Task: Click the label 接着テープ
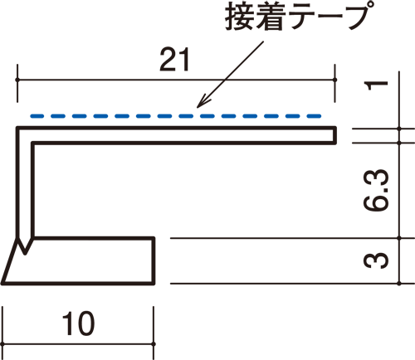click(x=296, y=17)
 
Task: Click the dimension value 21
click(x=175, y=60)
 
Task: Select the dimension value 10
click(x=78, y=324)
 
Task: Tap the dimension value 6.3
click(x=376, y=190)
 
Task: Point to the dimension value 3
click(x=376, y=260)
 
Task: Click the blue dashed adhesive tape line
click(x=176, y=116)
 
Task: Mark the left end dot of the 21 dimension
click(x=17, y=80)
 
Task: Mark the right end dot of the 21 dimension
click(x=334, y=80)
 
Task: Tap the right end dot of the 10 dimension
click(x=154, y=344)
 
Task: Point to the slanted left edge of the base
click(x=10, y=260)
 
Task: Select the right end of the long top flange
click(x=334, y=135)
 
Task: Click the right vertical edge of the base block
click(x=154, y=260)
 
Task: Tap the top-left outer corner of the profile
click(x=17, y=128)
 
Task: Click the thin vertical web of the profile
click(x=26, y=191)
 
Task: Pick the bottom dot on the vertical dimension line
click(x=399, y=284)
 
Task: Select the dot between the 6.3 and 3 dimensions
click(x=399, y=238)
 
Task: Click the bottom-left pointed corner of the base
click(x=2, y=284)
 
